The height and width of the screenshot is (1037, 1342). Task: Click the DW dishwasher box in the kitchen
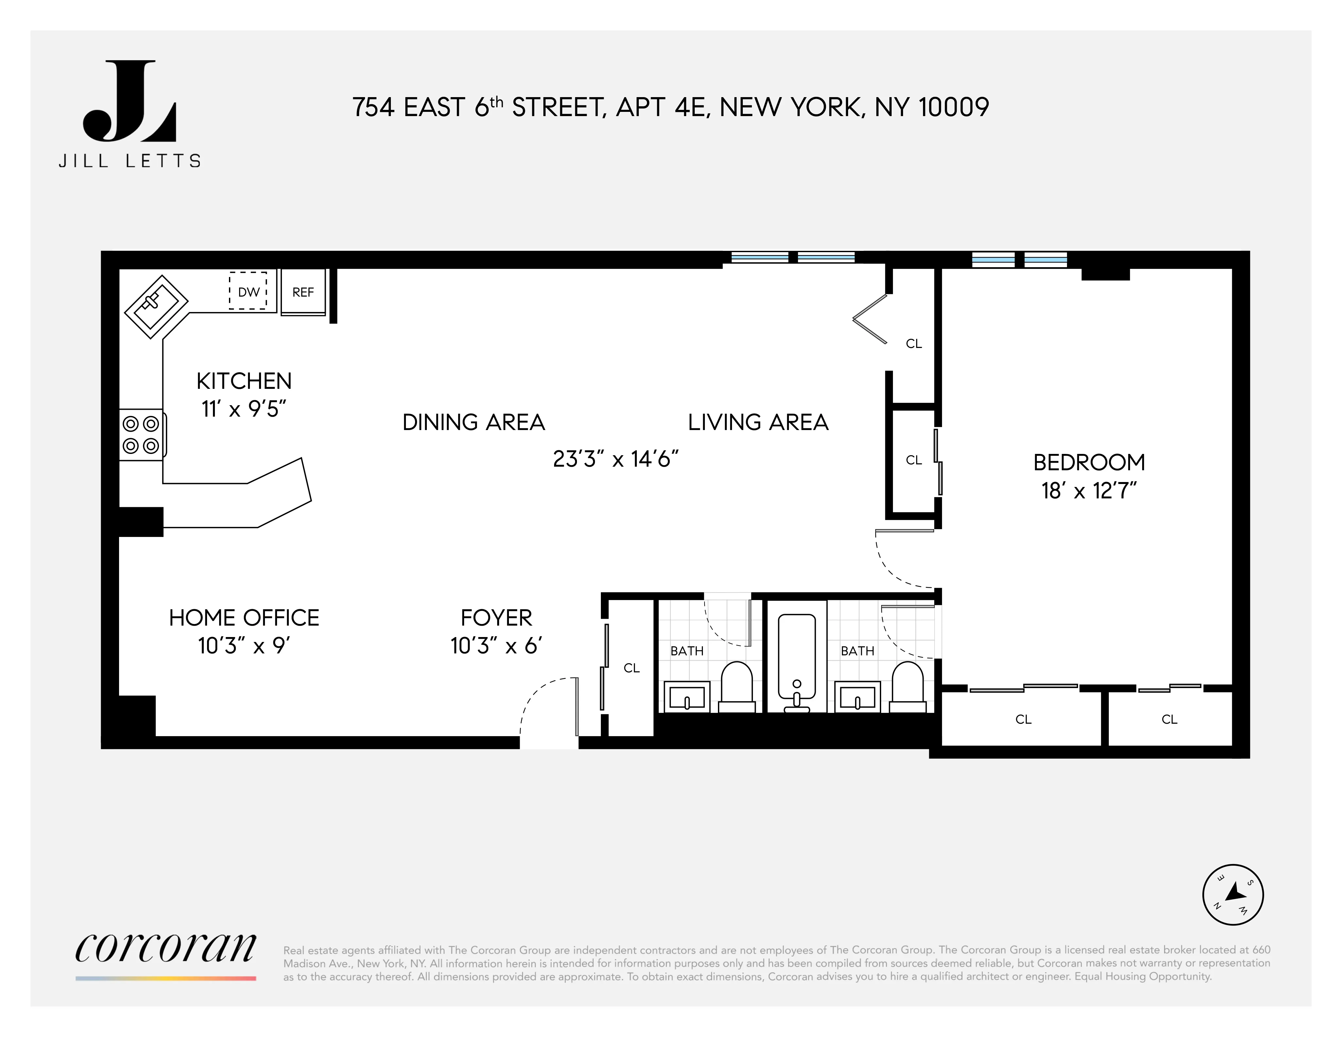pyautogui.click(x=248, y=291)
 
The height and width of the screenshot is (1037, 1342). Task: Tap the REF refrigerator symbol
pyautogui.click(x=303, y=292)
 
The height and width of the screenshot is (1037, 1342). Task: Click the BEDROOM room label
pyautogui.click(x=1089, y=462)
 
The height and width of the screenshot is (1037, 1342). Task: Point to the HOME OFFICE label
pyautogui.click(x=244, y=617)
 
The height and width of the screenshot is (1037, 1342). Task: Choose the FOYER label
pyautogui.click(x=497, y=617)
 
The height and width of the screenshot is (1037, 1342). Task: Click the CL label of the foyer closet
pyautogui.click(x=632, y=668)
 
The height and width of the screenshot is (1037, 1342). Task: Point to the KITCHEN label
pyautogui.click(x=244, y=381)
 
